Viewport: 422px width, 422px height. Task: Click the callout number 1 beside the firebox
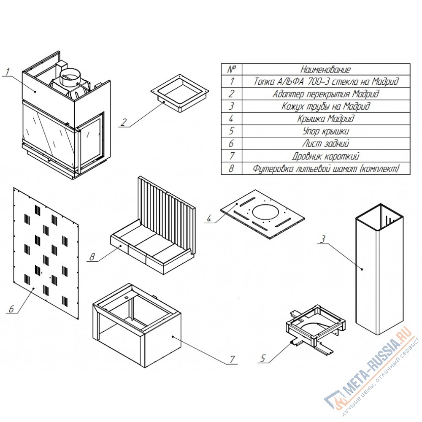[x=8, y=72]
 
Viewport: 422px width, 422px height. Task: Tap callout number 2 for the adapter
[x=123, y=122]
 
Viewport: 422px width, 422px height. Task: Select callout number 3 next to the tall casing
[x=323, y=239]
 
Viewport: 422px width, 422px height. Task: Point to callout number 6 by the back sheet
[x=11, y=309]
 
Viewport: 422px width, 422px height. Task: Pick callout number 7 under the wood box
[x=232, y=360]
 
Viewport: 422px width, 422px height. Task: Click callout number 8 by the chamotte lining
[x=92, y=257]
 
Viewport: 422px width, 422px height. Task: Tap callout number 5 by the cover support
[x=262, y=358]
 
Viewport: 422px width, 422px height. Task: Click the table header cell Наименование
[x=326, y=70]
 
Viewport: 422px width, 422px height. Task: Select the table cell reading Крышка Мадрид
[x=326, y=119]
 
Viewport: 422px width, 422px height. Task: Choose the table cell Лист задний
[x=326, y=143]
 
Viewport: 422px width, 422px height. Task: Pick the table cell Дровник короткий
[x=326, y=156]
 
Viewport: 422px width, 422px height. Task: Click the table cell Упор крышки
[x=326, y=131]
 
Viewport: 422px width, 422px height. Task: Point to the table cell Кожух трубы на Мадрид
[x=326, y=106]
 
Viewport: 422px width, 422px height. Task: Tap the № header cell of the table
[x=232, y=70]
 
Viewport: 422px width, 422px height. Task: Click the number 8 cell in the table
[x=231, y=168]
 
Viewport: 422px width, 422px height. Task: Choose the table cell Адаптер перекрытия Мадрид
[x=326, y=94]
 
